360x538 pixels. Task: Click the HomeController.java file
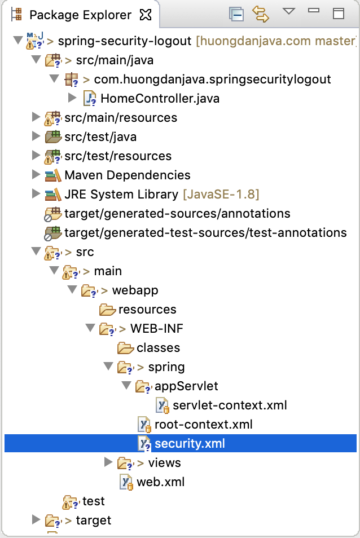(x=160, y=99)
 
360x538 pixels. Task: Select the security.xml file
(x=190, y=443)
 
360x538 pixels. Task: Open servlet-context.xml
(x=230, y=405)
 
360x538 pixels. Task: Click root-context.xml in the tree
(x=204, y=425)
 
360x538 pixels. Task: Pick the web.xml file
(x=161, y=482)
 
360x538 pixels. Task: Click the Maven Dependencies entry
(x=128, y=175)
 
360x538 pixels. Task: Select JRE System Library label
(x=121, y=194)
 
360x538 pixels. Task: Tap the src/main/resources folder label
(x=121, y=118)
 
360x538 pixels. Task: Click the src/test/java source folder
(x=100, y=137)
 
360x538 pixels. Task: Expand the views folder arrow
(x=108, y=462)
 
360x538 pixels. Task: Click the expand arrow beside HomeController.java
(x=72, y=98)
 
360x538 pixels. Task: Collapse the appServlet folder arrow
(x=126, y=385)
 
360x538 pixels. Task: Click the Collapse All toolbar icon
(x=236, y=15)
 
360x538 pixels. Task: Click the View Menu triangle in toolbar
(x=289, y=11)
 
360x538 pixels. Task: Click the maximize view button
(x=339, y=14)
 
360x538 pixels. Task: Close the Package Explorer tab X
(x=146, y=15)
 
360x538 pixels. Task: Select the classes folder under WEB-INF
(x=158, y=348)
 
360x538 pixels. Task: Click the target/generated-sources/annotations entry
(x=177, y=213)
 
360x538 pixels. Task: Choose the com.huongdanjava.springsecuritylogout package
(x=212, y=80)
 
